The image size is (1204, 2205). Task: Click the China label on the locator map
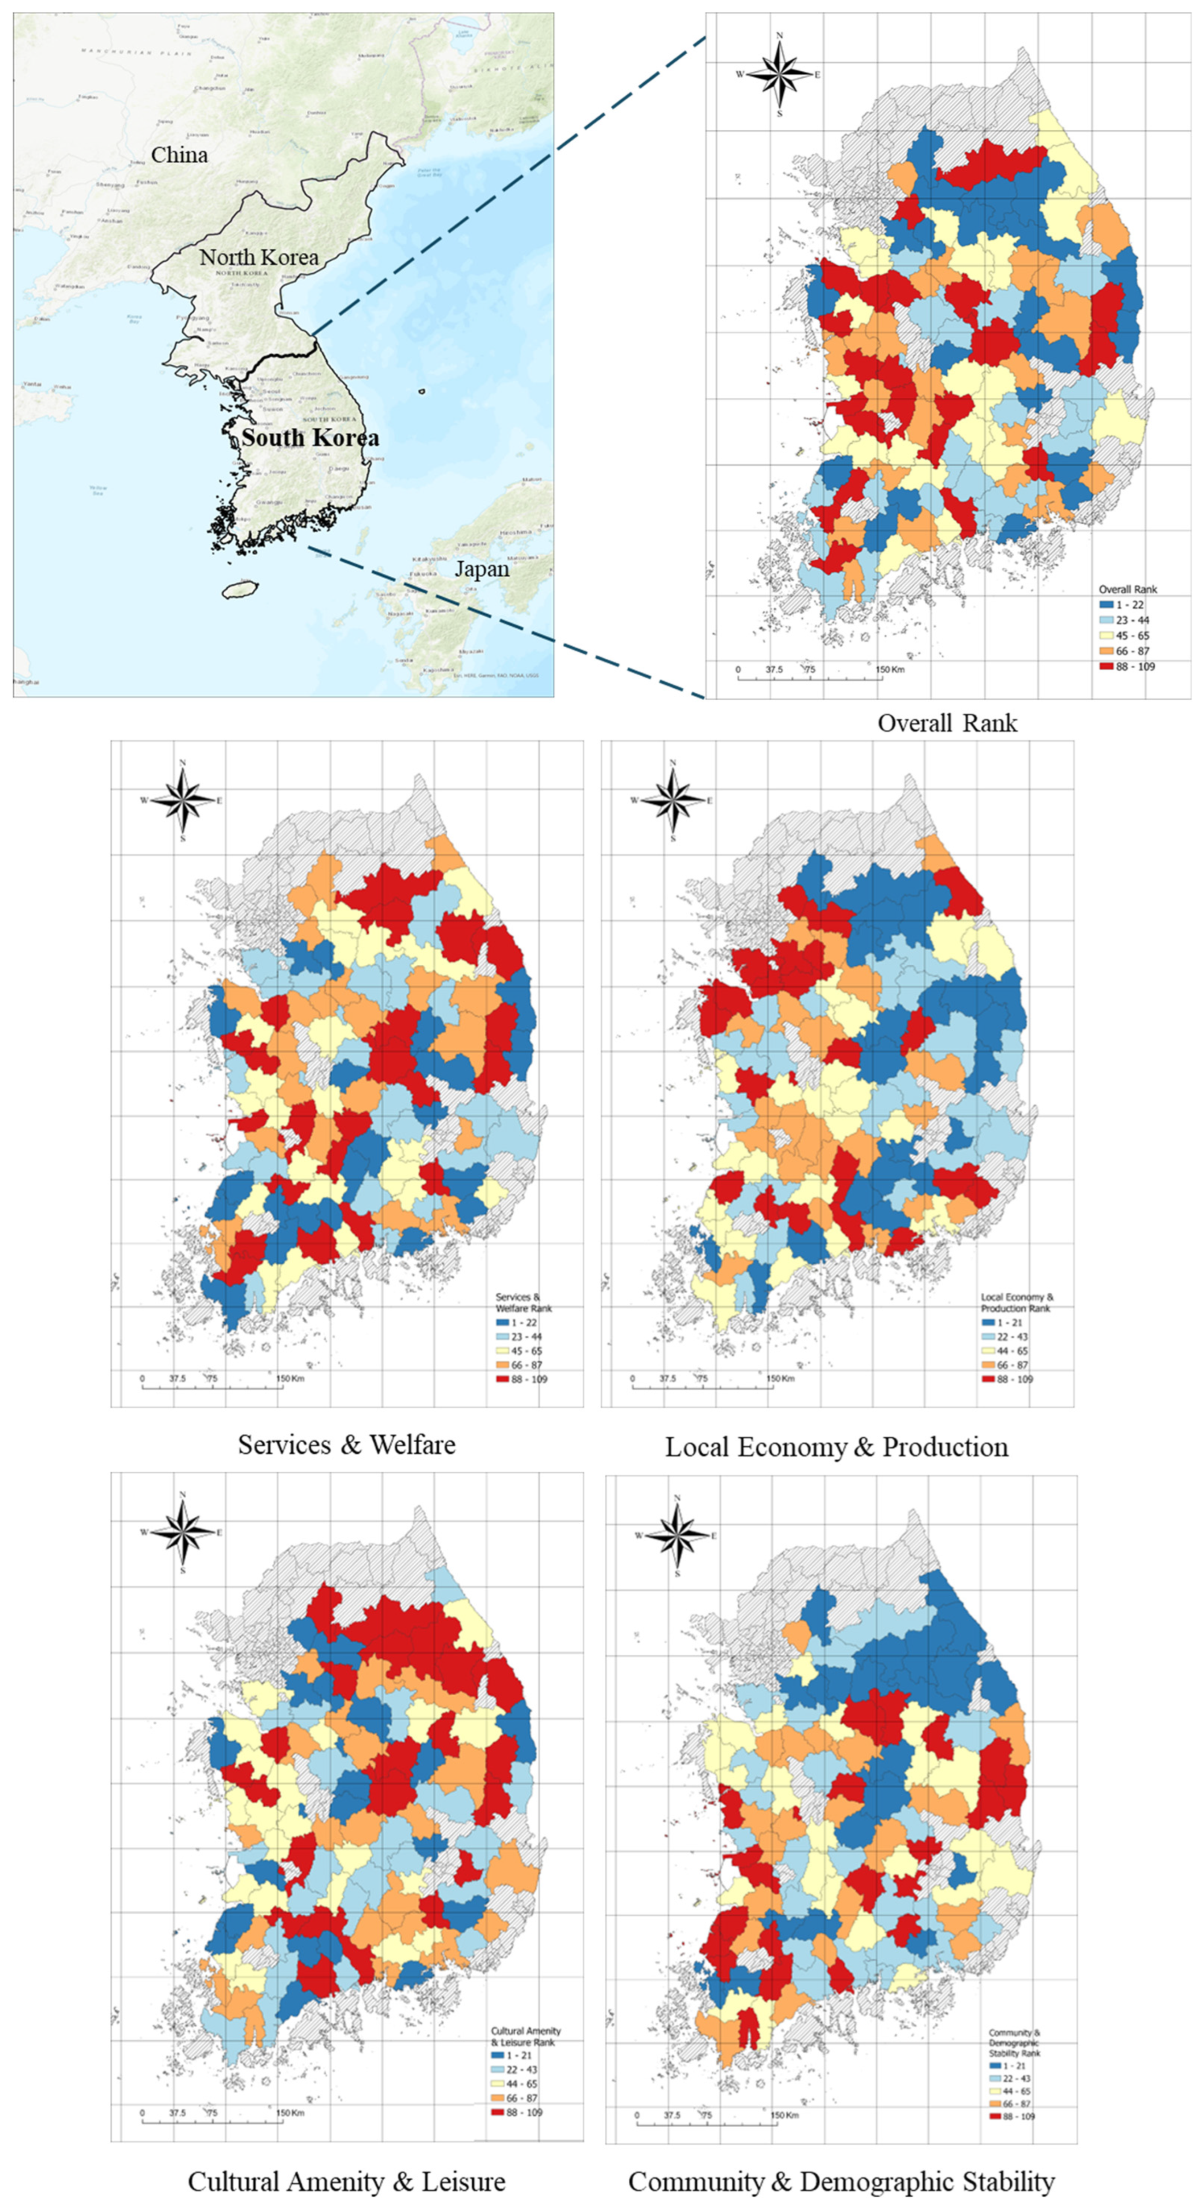179,155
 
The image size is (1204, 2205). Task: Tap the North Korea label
259,257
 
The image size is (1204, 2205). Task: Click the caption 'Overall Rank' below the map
947,723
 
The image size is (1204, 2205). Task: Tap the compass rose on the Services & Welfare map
182,801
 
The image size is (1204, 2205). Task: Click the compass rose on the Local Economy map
673,801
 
